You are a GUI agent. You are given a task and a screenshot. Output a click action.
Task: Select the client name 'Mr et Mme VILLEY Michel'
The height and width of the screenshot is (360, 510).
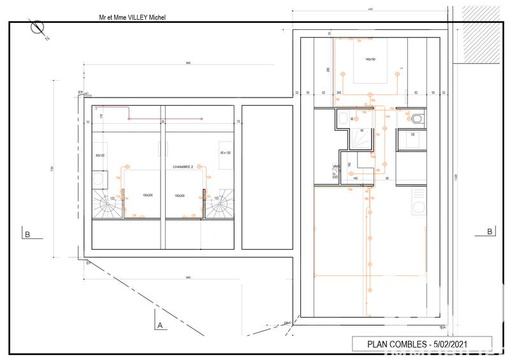coord(132,18)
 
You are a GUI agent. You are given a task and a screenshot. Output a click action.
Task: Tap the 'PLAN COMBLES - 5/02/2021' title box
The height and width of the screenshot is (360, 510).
coord(421,343)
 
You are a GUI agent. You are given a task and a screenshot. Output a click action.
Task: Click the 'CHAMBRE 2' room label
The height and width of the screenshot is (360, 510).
coord(183,166)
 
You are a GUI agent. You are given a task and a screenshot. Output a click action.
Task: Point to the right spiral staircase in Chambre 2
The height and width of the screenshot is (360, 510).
coord(220,205)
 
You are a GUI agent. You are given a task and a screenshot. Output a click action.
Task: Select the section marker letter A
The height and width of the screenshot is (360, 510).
coord(159,325)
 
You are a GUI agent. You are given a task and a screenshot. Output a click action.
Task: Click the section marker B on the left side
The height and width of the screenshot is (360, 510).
coord(27,234)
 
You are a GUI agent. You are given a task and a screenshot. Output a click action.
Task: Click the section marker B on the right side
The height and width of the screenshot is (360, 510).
coord(489,231)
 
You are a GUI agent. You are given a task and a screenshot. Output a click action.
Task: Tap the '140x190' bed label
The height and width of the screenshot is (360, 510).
coord(370,59)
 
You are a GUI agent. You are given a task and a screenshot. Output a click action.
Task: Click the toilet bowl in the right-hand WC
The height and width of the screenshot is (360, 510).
coord(418,118)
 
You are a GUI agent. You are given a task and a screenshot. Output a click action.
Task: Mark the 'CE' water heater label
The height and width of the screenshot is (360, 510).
coord(412,134)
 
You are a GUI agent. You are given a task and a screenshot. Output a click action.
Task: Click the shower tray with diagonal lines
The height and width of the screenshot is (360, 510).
coord(361,137)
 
